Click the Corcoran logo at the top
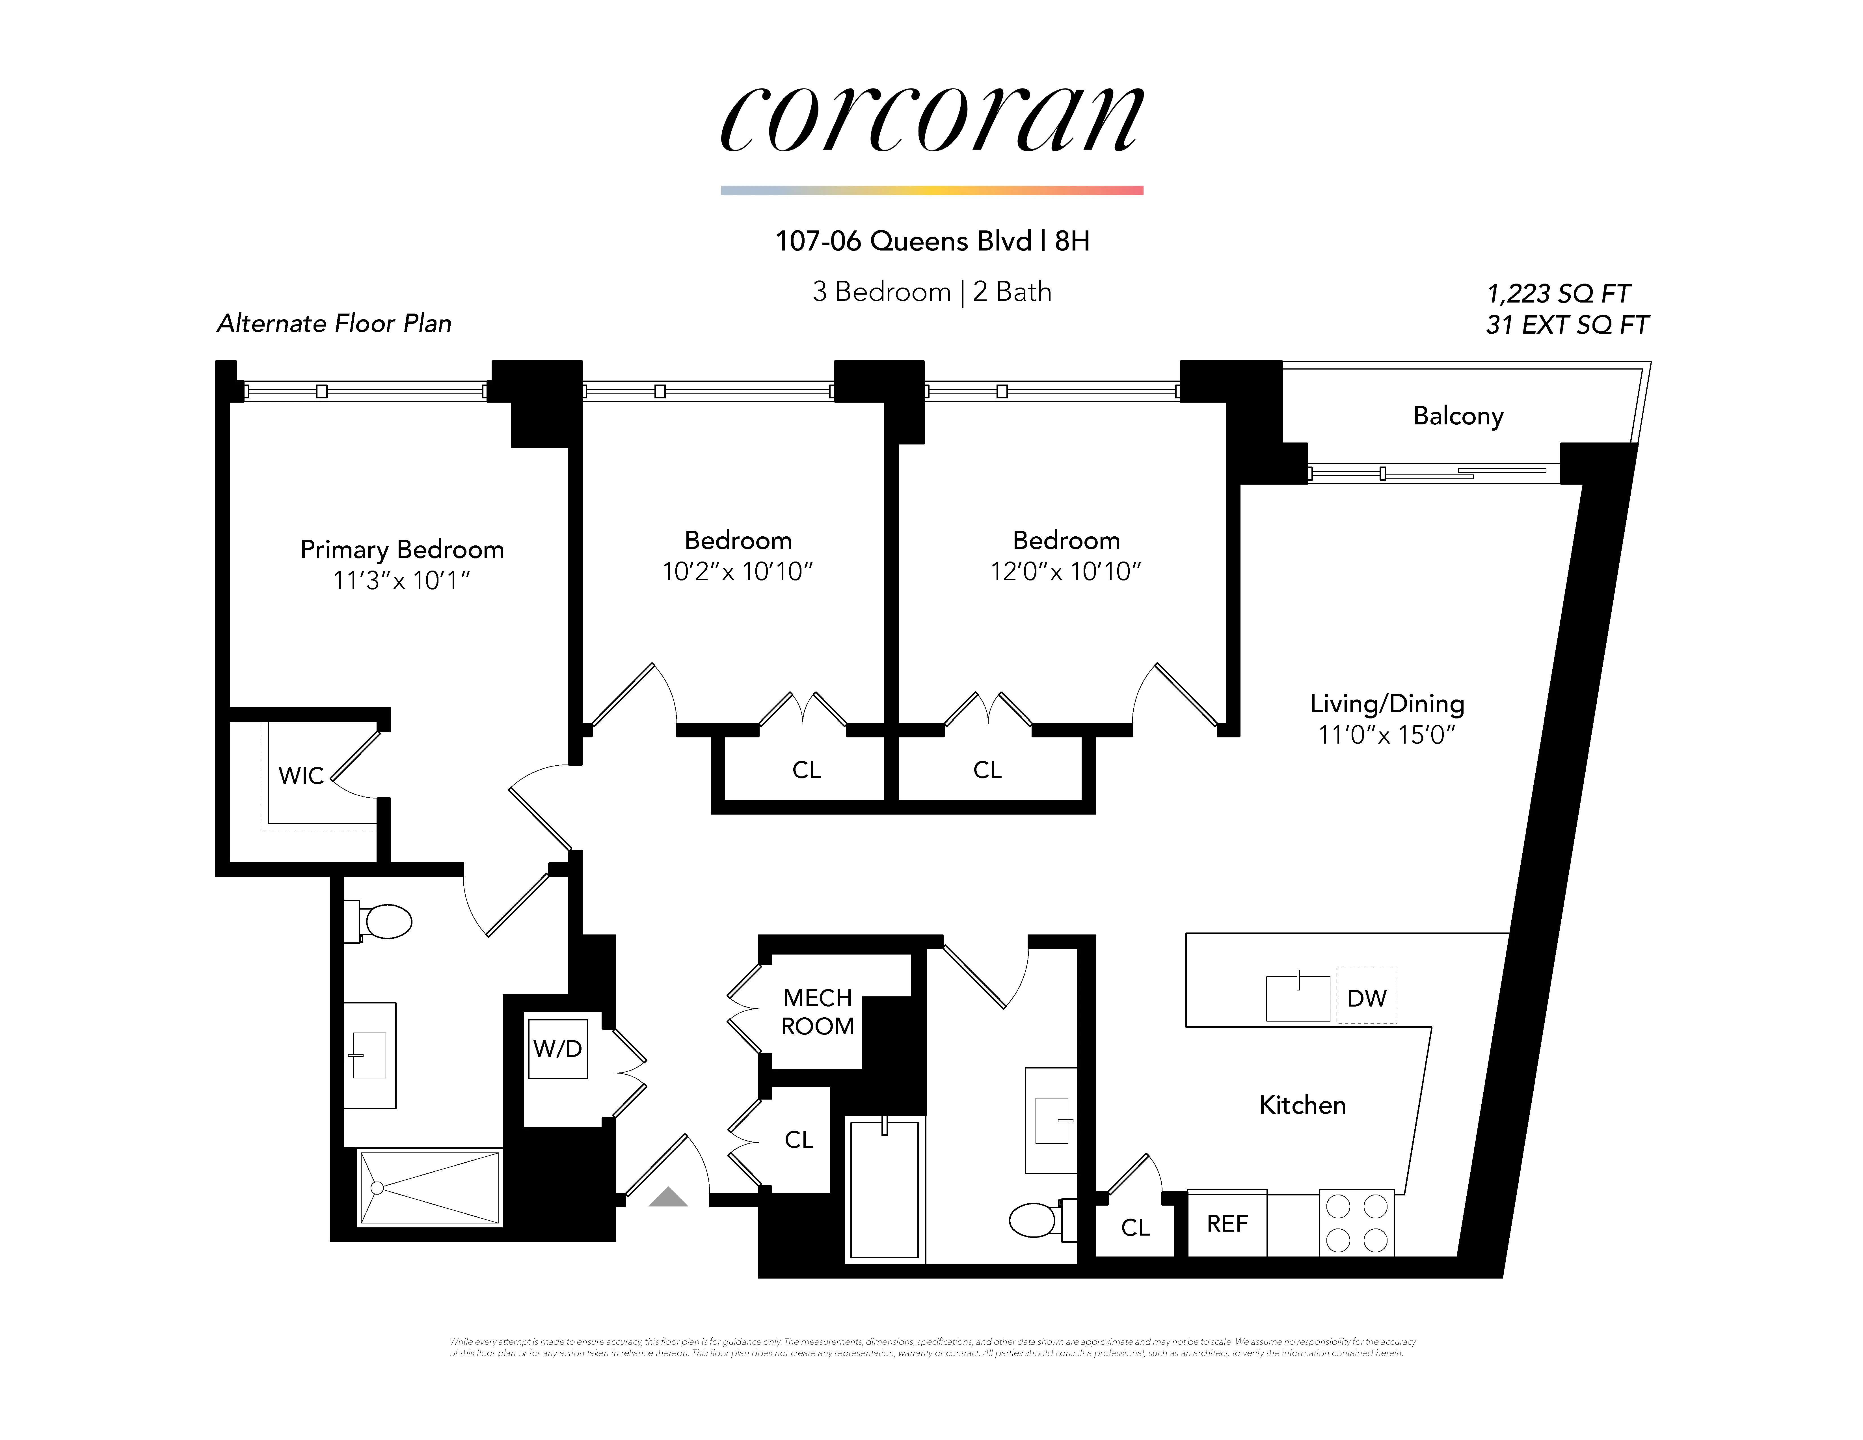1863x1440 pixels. point(931,119)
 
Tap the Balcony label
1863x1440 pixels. point(1458,415)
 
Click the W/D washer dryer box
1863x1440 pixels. point(558,1048)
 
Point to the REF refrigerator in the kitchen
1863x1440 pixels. point(1227,1223)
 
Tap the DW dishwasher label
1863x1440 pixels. point(1367,997)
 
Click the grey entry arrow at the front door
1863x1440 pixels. point(668,1198)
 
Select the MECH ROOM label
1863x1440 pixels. point(817,1012)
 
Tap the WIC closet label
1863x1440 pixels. point(301,776)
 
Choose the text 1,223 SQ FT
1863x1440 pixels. point(1558,294)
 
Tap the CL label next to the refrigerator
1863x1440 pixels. point(1135,1227)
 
